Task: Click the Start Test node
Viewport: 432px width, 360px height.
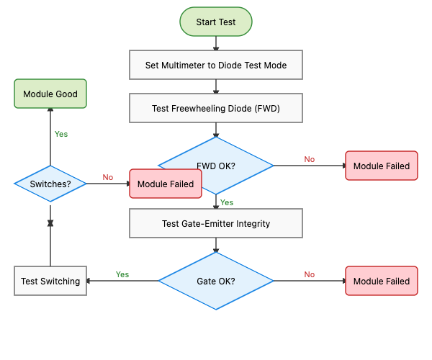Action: [216, 22]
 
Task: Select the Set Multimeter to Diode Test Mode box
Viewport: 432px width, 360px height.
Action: [216, 65]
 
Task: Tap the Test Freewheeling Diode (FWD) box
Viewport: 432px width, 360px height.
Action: [216, 109]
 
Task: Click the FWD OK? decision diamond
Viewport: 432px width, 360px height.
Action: [216, 166]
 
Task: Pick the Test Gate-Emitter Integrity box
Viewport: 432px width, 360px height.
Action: [216, 223]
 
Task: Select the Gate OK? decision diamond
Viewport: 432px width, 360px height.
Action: [216, 281]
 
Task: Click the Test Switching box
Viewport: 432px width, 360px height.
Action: [50, 281]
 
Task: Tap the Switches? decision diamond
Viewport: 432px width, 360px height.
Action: [50, 184]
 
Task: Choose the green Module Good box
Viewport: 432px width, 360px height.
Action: [50, 94]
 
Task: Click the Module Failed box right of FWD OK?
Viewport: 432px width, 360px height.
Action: [382, 166]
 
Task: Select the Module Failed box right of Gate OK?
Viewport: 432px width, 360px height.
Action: [382, 281]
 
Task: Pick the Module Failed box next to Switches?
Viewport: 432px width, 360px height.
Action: [166, 184]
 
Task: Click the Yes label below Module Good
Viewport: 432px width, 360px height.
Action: [61, 134]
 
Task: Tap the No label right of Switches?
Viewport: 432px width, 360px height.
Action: [108, 177]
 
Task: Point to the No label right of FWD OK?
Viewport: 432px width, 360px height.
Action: [310, 159]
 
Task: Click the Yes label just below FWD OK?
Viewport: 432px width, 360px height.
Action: [227, 202]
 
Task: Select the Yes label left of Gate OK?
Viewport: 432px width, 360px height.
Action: [122, 274]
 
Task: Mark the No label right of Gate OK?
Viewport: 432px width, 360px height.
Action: [310, 274]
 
